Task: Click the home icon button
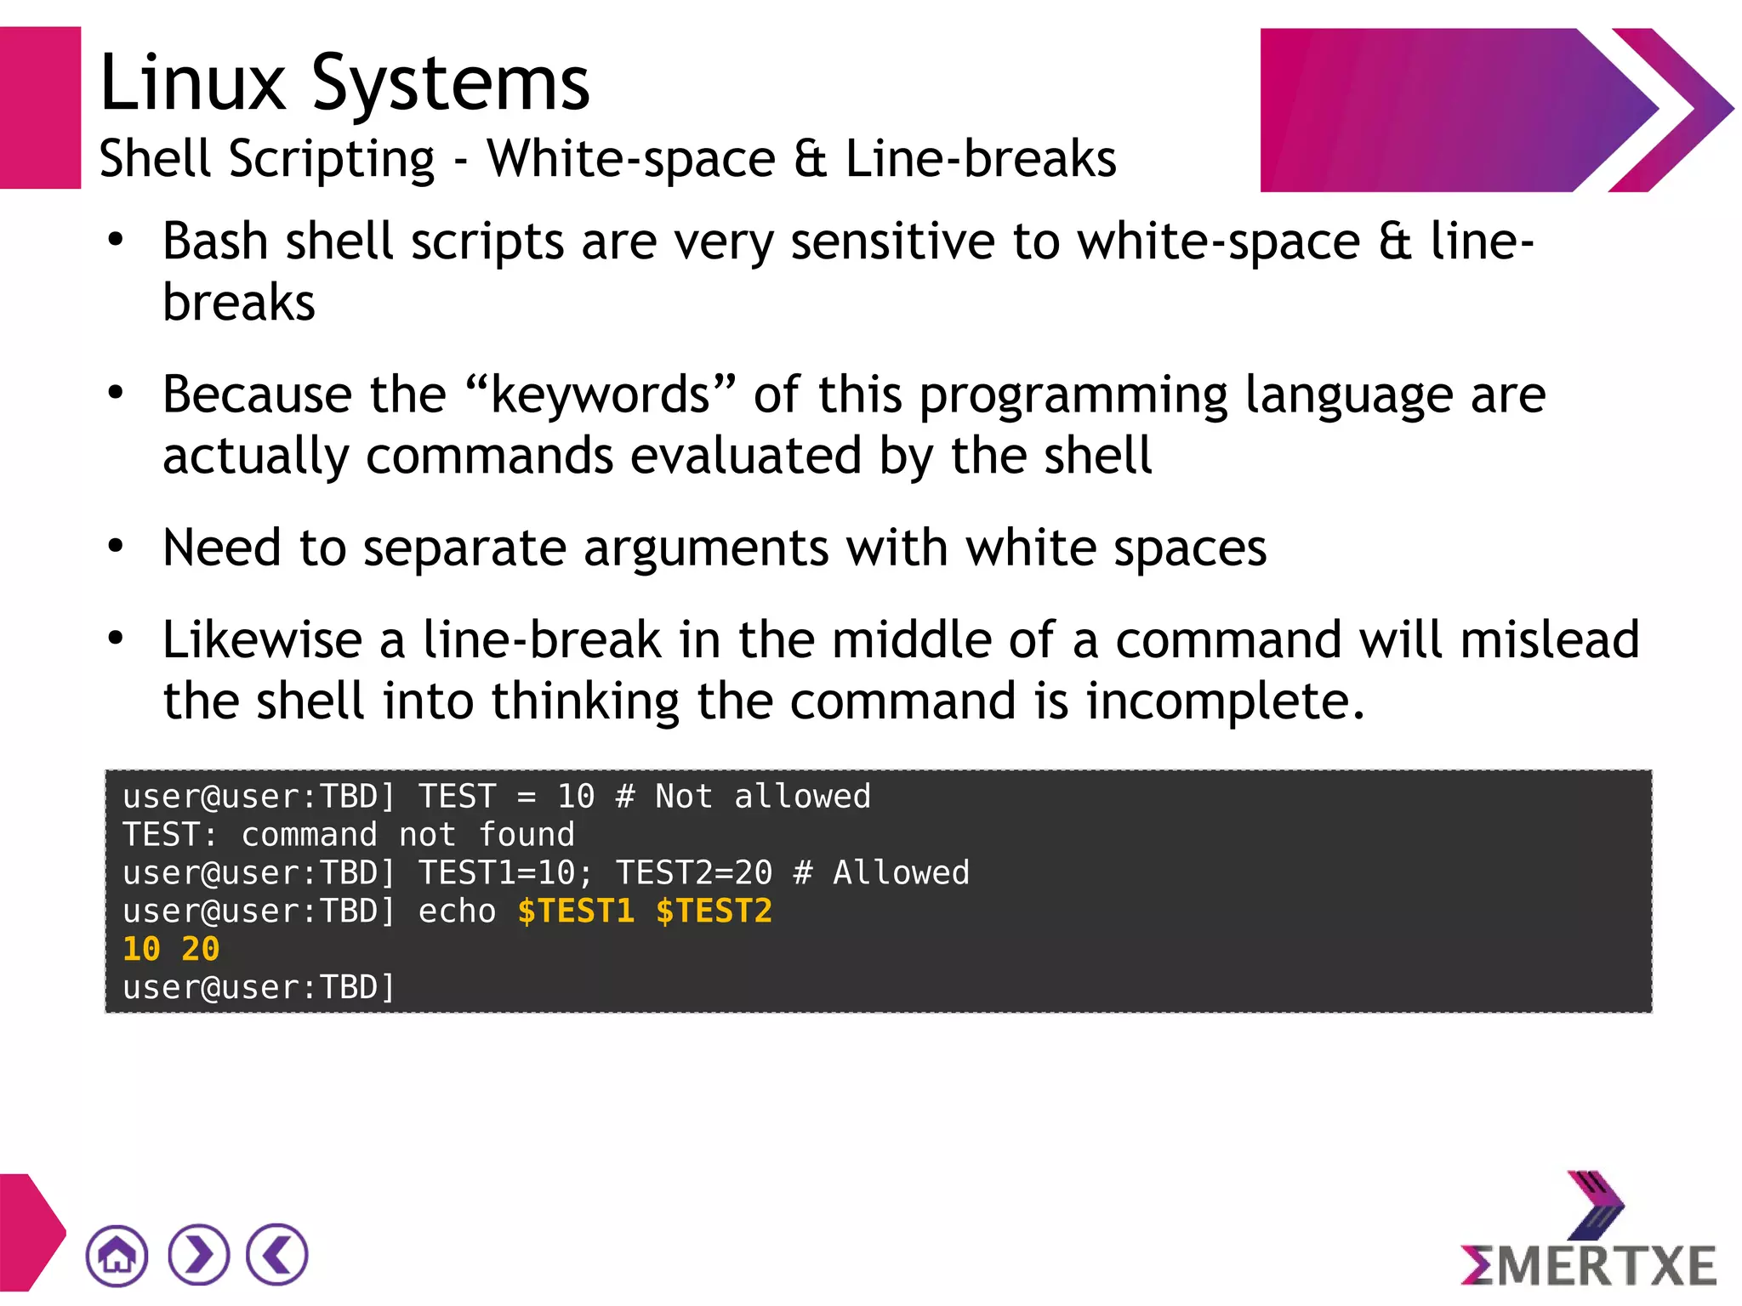pos(117,1255)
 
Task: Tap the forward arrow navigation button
pos(198,1255)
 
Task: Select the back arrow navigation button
pos(277,1255)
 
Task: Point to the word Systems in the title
pos(450,84)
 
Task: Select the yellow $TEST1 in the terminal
pos(576,911)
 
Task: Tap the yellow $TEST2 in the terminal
pos(714,911)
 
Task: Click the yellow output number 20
pos(201,949)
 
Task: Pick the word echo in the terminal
pos(457,911)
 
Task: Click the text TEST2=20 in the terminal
pos(694,873)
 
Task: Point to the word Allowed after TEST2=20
pos(901,873)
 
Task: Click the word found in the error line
pos(527,835)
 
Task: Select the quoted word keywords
pos(600,395)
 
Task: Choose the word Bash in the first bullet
pos(215,241)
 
